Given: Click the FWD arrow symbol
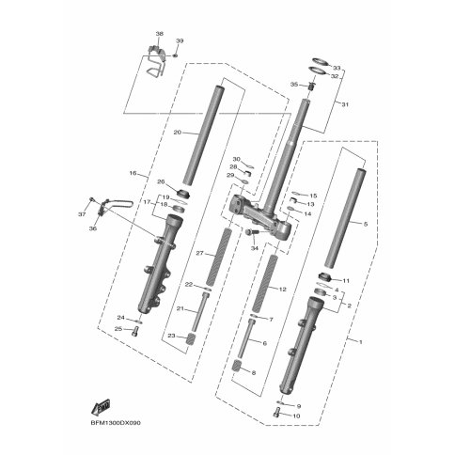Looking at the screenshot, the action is [101, 406].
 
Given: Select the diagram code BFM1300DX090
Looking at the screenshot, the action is [116, 423].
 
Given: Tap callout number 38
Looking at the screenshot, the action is [160, 34].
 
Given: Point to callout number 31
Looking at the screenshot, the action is [345, 104].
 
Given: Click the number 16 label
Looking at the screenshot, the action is [133, 173].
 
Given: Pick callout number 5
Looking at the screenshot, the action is [366, 224].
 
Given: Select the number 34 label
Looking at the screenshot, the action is [255, 248].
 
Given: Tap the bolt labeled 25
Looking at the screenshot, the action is [135, 331].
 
